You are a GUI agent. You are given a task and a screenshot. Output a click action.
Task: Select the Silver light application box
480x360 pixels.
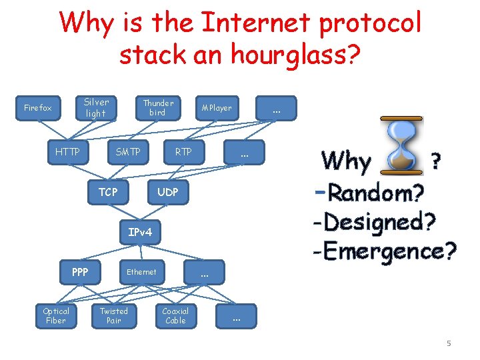coord(96,108)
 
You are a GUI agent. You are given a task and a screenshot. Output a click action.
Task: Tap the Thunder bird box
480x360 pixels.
coord(158,108)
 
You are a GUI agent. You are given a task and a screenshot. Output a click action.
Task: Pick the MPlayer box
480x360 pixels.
coord(217,108)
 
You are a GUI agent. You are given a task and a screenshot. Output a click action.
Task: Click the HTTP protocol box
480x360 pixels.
coord(67,152)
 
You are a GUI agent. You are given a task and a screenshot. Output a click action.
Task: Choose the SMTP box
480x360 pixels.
coord(128,152)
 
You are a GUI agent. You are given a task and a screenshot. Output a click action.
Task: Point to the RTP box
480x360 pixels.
coord(183,152)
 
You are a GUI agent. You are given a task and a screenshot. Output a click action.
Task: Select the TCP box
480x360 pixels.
coord(108,192)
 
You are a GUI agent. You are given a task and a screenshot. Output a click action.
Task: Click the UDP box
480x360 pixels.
coord(167,192)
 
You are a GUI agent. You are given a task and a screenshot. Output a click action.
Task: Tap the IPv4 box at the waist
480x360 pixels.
coord(140,232)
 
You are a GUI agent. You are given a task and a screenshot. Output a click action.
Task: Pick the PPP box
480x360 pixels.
coord(80,272)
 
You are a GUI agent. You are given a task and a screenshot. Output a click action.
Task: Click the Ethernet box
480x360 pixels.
coord(141,272)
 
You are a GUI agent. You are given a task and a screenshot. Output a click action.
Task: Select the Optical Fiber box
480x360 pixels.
coord(56,315)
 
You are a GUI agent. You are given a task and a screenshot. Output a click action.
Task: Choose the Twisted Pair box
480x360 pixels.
coord(114,315)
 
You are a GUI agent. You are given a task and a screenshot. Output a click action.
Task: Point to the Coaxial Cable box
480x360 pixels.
coord(175,315)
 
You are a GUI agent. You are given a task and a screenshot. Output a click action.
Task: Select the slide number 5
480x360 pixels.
coord(449,343)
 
